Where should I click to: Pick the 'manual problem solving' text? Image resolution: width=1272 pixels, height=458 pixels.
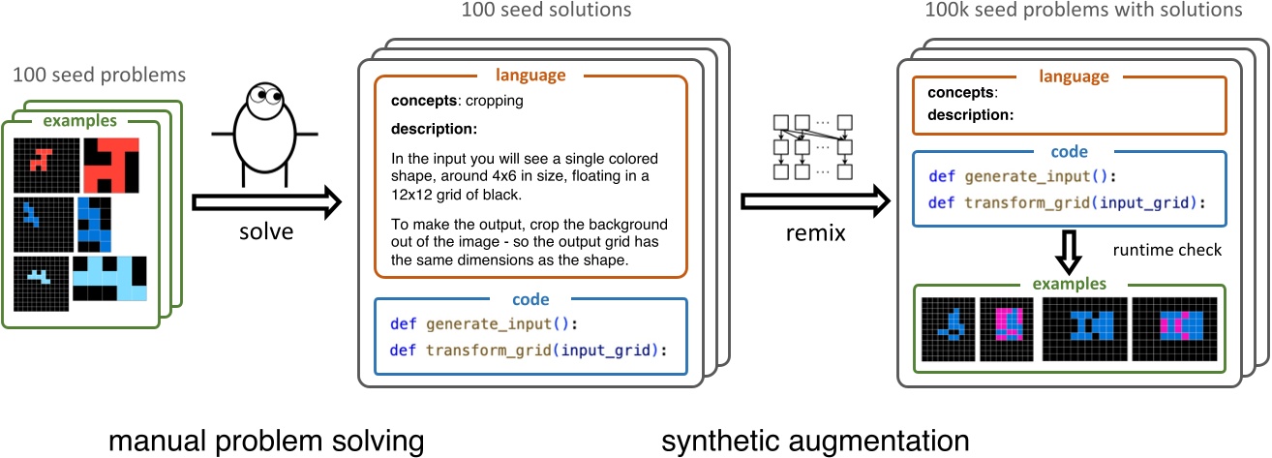266,441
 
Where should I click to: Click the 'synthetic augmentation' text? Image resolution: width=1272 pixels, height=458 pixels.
815,441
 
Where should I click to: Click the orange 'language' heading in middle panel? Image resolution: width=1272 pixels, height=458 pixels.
530,74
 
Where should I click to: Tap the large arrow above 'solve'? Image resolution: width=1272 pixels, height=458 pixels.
267,203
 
